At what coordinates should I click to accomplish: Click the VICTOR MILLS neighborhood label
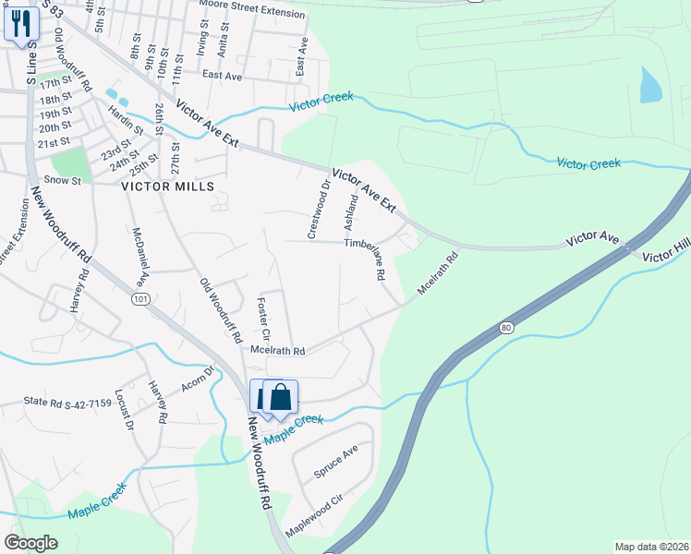click(168, 187)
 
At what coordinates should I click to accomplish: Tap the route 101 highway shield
click(140, 300)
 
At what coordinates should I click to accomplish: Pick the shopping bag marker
click(281, 398)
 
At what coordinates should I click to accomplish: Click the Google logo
click(30, 542)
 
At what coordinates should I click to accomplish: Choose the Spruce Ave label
click(335, 464)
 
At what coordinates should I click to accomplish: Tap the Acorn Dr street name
click(197, 377)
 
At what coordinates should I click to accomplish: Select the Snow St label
click(64, 181)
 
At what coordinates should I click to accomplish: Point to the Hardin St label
click(125, 118)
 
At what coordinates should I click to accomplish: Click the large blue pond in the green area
click(650, 85)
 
